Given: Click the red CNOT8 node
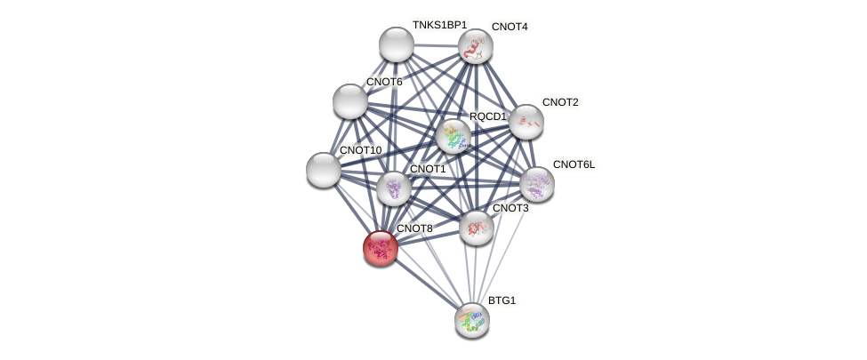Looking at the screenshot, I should click(381, 248).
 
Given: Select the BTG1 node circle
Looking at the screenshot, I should click(472, 320).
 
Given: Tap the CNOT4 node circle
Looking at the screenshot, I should click(476, 46).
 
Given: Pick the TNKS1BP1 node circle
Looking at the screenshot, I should click(397, 44).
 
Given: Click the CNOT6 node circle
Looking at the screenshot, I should click(350, 101).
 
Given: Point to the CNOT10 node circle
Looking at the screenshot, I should click(324, 170).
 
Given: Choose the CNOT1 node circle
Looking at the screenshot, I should click(393, 188).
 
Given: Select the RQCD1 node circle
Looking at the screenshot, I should click(454, 136).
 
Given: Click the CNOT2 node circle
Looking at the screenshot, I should click(526, 122).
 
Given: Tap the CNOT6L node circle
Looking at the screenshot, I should click(537, 184).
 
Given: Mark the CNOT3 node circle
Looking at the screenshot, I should click(477, 228).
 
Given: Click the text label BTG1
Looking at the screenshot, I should click(502, 300).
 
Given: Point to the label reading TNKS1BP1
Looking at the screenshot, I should click(439, 25).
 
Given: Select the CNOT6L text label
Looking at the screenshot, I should click(574, 164).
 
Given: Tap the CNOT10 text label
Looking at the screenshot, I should click(360, 150).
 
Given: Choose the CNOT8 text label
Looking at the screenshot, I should click(414, 228).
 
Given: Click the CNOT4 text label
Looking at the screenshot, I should click(510, 27).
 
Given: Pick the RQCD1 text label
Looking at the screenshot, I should click(487, 116).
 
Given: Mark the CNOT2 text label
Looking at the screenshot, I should click(560, 102).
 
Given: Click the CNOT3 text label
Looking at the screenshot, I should click(510, 208).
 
